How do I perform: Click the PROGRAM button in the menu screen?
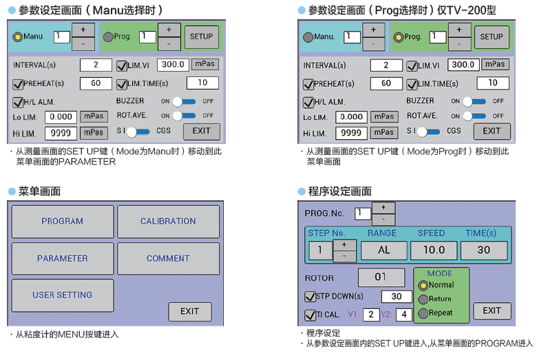(x=63, y=222)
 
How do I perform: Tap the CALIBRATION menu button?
(x=168, y=222)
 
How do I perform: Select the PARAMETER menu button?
(x=63, y=259)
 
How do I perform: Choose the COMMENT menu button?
(x=168, y=259)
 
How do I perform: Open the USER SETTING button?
(x=63, y=295)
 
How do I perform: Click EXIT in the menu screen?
(x=190, y=312)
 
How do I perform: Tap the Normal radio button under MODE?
(x=423, y=285)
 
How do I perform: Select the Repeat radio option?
(x=423, y=313)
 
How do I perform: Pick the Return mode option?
(x=423, y=299)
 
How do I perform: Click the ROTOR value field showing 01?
(x=381, y=278)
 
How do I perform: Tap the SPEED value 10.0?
(x=434, y=251)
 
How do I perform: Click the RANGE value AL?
(x=384, y=251)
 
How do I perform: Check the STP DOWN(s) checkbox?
(x=310, y=297)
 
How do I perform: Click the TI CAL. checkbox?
(x=310, y=315)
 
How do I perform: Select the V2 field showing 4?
(x=403, y=315)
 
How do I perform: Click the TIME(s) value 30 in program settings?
(x=484, y=251)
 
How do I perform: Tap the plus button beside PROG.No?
(x=383, y=207)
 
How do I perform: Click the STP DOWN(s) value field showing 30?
(x=396, y=297)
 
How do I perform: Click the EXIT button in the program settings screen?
(x=492, y=311)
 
